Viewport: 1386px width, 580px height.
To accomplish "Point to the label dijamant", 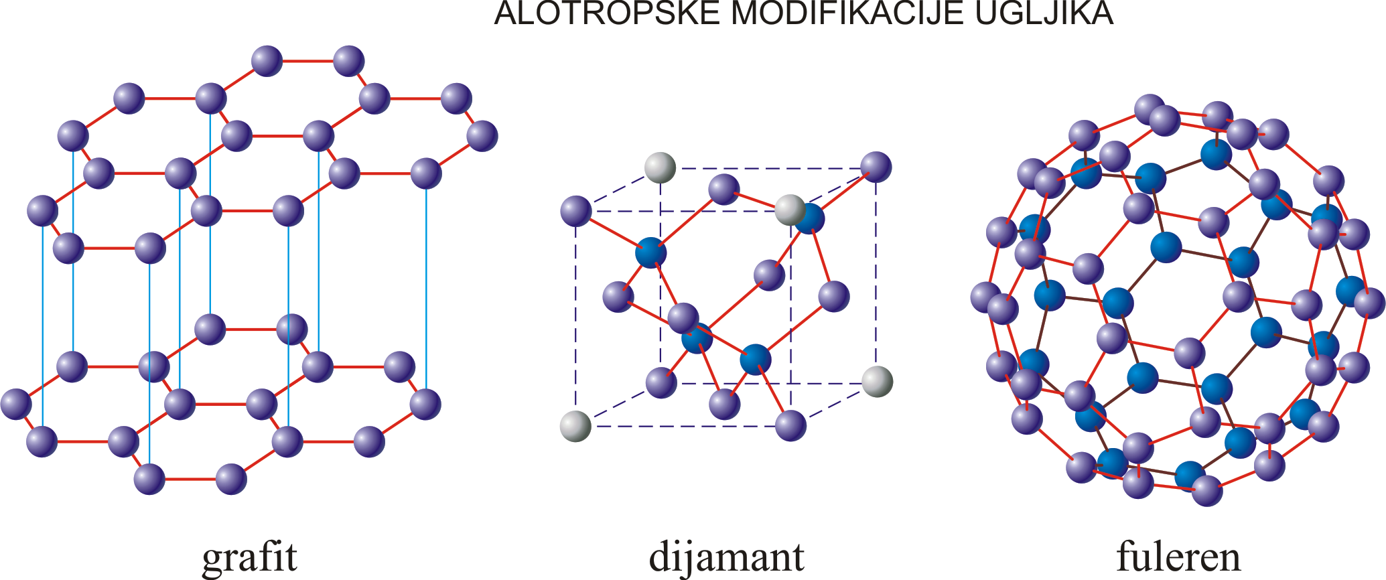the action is point(727,556).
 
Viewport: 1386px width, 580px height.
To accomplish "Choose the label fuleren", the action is point(1178,556).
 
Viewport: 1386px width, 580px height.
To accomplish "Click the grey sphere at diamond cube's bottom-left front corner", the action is point(575,426).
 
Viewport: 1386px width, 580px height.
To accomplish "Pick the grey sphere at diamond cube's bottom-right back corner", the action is point(877,381).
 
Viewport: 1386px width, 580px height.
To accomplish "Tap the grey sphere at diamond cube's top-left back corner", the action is point(661,167).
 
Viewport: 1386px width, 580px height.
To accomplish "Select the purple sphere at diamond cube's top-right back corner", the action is point(876,167).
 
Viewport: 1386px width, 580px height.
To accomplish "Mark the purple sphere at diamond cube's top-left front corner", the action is point(575,211).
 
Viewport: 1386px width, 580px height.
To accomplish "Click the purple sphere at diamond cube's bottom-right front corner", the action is point(790,425).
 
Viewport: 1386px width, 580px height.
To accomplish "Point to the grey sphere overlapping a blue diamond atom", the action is point(790,210).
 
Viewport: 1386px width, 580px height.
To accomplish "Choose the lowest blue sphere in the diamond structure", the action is point(756,360).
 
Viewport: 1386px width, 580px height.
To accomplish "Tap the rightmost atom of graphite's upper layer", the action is point(482,136).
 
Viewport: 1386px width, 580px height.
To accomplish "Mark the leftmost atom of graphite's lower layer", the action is point(16,404).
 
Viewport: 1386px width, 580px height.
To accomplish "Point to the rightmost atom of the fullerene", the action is point(1369,303).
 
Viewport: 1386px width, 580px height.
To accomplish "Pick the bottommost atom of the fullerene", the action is point(1207,491).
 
